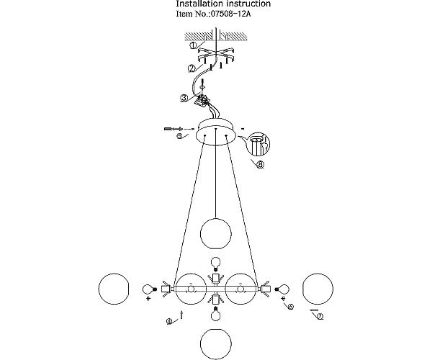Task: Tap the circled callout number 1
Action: point(194,45)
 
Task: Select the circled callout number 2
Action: point(192,68)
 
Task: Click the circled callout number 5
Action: point(180,135)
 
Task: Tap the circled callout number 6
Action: point(290,306)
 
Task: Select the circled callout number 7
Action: point(320,316)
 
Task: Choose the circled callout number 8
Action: point(260,164)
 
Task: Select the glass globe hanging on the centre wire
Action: point(215,232)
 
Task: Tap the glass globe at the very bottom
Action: point(215,343)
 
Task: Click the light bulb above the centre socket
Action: point(215,263)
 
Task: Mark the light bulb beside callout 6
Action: point(283,289)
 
